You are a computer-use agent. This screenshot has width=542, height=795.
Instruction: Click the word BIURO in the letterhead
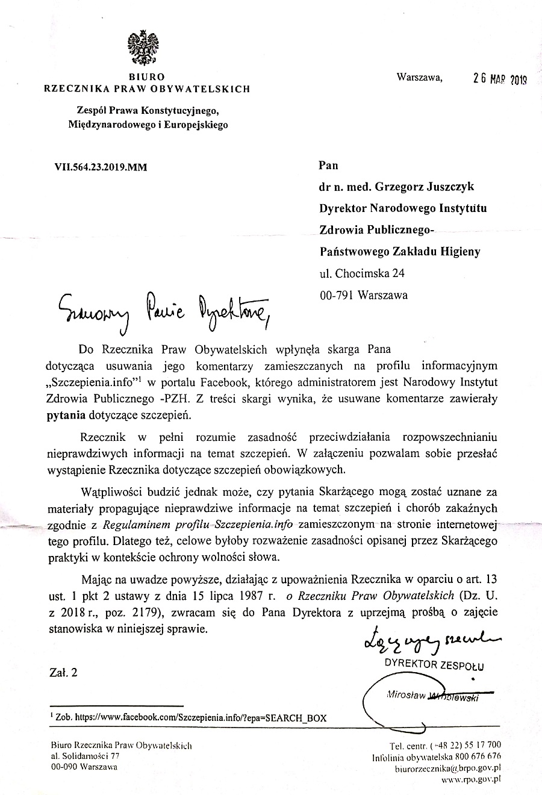[x=147, y=77]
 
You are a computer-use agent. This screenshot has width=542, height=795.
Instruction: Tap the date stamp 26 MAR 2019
[x=499, y=78]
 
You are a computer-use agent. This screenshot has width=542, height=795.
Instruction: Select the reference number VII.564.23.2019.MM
[x=101, y=167]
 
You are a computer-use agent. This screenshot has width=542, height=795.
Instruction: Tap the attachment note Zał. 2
[x=63, y=672]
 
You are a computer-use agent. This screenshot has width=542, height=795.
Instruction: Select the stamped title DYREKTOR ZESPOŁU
[x=434, y=665]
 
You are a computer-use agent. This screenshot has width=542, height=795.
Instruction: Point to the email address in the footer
[x=447, y=768]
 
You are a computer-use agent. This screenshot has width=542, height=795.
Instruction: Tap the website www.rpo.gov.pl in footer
[x=471, y=779]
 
